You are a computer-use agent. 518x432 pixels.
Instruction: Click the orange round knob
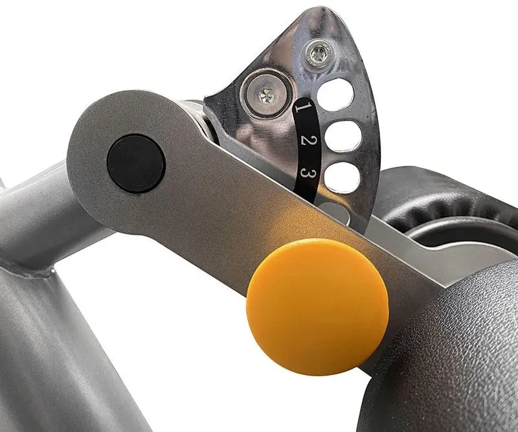tap(317, 307)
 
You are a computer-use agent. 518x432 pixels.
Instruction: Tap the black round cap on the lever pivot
tap(136, 163)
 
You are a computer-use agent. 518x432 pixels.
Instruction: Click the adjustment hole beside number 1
tap(335, 95)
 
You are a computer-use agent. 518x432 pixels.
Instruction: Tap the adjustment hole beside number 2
tap(344, 136)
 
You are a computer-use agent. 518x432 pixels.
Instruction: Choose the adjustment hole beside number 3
tap(343, 177)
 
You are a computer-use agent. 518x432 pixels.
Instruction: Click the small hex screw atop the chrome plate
tap(318, 52)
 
